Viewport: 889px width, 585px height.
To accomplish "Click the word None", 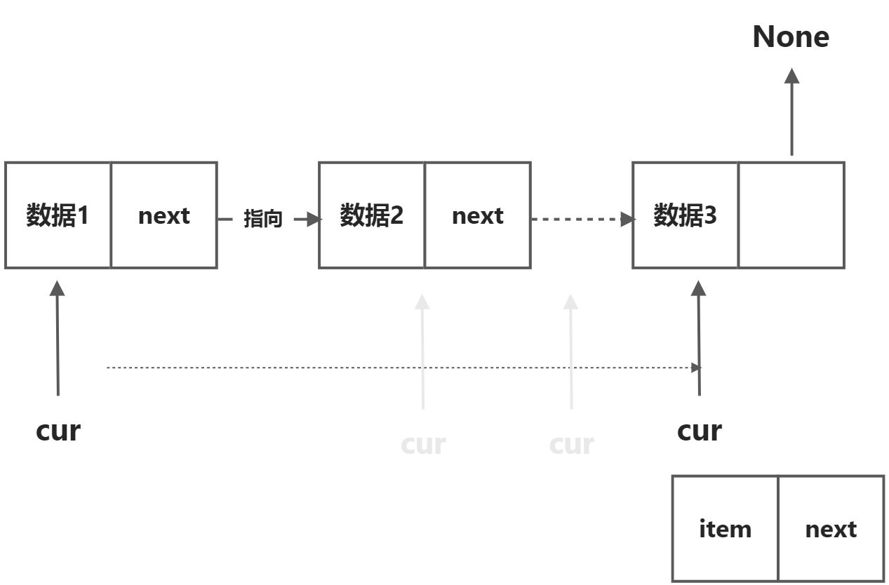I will coord(791,37).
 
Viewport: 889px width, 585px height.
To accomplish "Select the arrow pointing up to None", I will coord(791,112).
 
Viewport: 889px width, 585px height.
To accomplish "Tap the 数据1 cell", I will coord(58,215).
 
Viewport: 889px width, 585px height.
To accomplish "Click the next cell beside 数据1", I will coord(163,215).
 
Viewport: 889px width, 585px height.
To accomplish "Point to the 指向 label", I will coord(262,220).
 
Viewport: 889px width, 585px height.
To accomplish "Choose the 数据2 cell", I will coord(372,215).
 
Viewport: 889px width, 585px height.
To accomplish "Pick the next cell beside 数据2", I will coord(477,215).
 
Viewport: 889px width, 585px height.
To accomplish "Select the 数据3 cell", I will coord(686,215).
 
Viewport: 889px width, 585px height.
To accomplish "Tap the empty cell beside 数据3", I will coord(791,215).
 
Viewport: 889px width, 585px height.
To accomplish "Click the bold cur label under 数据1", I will coord(58,430).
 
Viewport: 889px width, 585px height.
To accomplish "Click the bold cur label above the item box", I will coord(699,430).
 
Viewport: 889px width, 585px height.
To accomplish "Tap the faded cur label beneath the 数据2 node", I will coord(423,444).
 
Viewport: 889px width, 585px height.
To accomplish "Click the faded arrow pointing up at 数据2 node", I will coord(422,351).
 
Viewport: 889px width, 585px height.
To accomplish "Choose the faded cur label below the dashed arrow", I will coord(571,444).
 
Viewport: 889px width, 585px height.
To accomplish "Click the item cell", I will coord(725,529).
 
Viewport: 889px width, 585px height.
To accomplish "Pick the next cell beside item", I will coord(831,529).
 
